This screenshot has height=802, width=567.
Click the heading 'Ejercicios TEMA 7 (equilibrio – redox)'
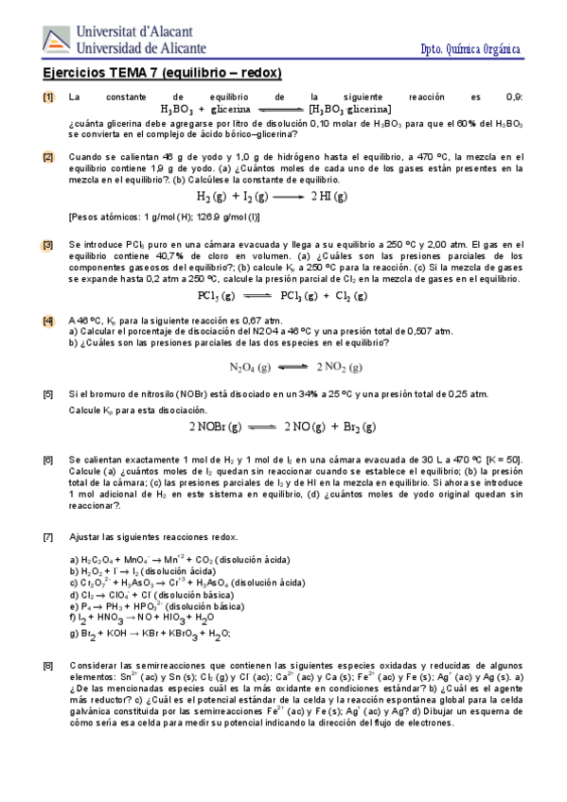[163, 73]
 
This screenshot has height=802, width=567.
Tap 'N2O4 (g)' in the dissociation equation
[250, 367]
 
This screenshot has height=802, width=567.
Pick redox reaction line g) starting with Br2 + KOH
[150, 634]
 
